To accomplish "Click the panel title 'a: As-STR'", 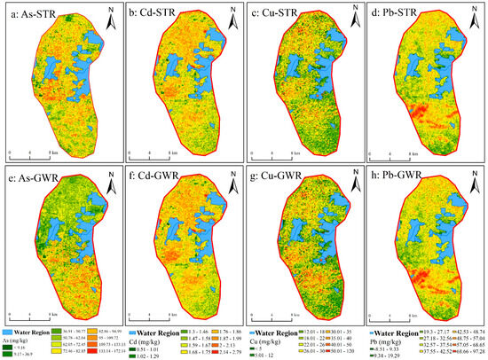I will (36, 12).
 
